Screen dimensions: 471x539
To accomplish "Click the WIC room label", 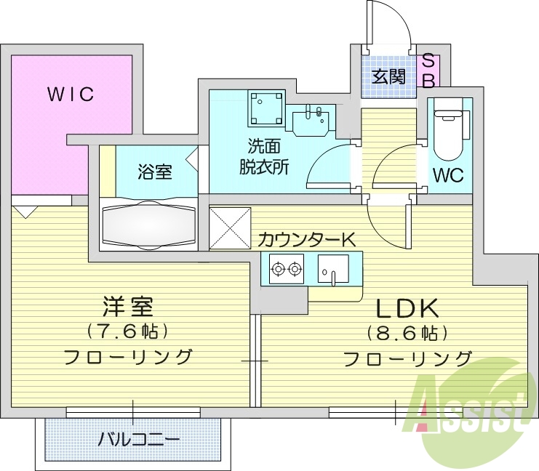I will click(x=71, y=94).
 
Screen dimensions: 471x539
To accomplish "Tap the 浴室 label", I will click(x=154, y=172).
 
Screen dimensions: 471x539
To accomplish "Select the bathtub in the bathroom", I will click(x=149, y=225).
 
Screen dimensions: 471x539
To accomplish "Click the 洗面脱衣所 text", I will click(x=264, y=156).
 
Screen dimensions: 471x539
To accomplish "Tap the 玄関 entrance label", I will click(x=389, y=76).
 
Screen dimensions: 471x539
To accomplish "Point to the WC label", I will click(x=448, y=175).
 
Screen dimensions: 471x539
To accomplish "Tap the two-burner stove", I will click(x=285, y=271).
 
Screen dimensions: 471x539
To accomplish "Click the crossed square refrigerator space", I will click(x=231, y=228).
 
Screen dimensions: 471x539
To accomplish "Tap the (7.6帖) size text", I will click(x=128, y=332).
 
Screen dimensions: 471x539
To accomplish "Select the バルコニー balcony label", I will click(x=139, y=440).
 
